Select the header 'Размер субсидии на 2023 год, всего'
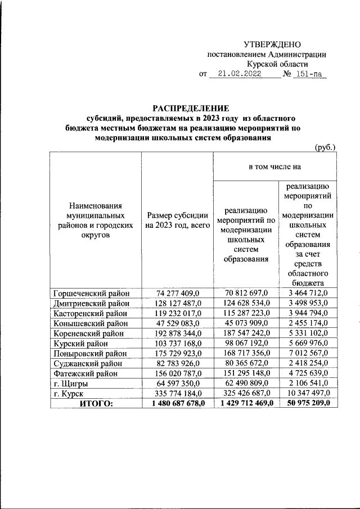tap(177, 221)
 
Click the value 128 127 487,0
tap(177, 303)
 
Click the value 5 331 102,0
tap(308, 333)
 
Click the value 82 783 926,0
tap(177, 363)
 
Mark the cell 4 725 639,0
tap(308, 373)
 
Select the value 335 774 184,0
tap(177, 393)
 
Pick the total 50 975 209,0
tap(308, 403)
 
